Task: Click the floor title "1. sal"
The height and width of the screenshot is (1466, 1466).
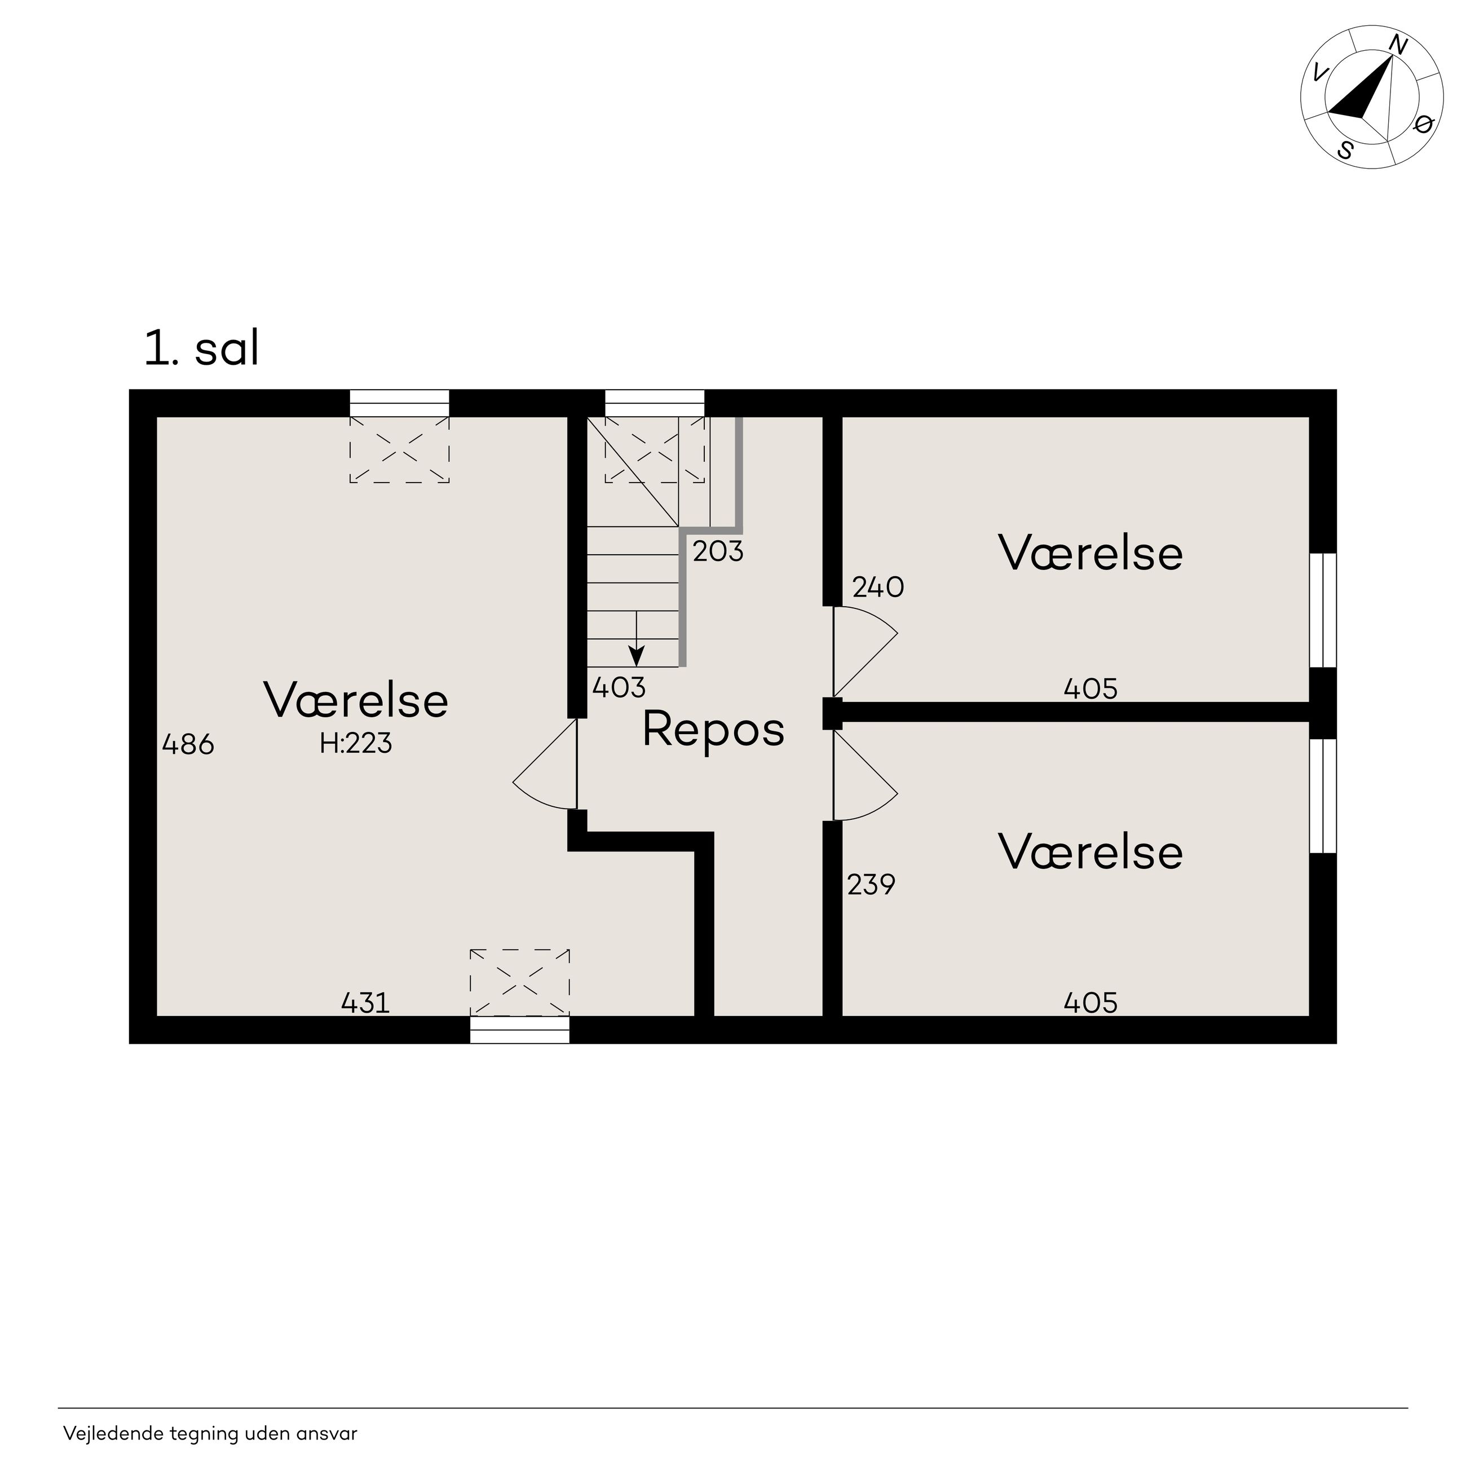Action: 202,350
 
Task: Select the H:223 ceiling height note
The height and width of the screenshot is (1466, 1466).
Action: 356,743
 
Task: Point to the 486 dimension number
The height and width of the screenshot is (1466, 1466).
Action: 188,744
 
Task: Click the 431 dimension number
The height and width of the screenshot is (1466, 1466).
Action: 366,1003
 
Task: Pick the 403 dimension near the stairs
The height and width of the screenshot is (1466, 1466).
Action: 619,687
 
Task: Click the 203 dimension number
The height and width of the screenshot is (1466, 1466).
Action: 718,551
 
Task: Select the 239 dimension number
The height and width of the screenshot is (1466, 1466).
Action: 871,885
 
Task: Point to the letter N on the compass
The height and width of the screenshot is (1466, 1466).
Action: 1398,46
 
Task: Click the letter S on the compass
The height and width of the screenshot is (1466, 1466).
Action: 1346,150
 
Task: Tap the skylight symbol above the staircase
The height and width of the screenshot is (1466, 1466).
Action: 654,449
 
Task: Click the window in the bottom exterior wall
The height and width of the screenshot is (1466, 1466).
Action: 520,1030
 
